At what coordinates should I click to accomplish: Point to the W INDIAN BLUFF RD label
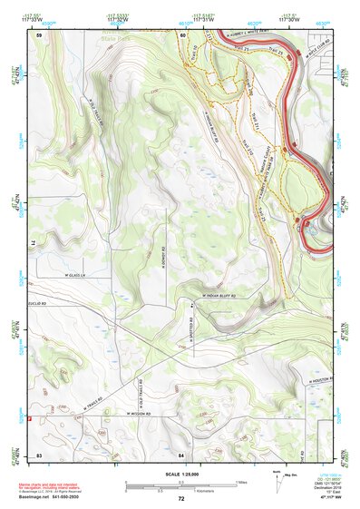(214, 296)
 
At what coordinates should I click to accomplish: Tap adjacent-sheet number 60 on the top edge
(182, 34)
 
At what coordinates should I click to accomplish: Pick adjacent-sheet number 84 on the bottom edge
(182, 454)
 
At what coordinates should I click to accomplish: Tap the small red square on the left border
(30, 418)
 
